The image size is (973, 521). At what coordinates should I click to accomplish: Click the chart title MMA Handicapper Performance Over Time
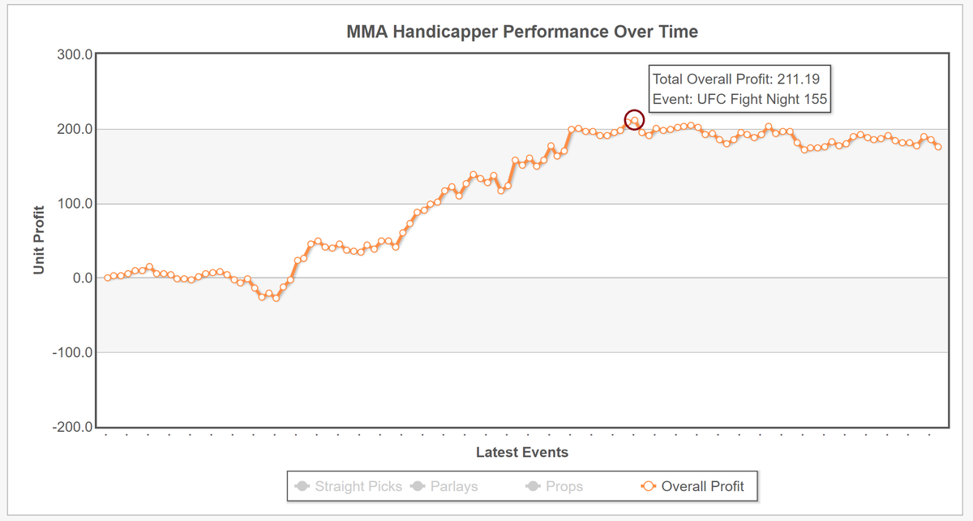[522, 32]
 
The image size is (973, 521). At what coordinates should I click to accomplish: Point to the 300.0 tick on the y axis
[75, 55]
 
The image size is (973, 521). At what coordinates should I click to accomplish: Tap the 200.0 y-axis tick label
[75, 129]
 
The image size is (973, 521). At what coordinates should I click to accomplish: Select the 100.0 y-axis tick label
[75, 204]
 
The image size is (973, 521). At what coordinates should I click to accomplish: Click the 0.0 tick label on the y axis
[83, 278]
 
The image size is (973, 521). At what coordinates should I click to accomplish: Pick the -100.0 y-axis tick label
[72, 352]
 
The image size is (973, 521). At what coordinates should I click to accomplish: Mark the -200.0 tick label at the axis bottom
[72, 427]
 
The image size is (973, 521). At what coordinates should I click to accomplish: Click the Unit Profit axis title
[39, 240]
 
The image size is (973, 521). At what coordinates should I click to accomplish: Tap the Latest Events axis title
[522, 452]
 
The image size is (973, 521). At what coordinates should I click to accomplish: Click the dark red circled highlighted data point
[634, 120]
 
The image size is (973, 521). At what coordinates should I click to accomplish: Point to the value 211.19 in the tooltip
[799, 80]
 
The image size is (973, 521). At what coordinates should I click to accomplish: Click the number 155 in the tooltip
[815, 99]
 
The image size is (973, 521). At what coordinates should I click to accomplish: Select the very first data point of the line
[107, 278]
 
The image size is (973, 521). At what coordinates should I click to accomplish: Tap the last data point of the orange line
[938, 147]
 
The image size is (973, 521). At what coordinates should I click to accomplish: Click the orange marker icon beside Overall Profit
[649, 486]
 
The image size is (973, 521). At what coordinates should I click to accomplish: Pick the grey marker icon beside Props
[533, 486]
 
